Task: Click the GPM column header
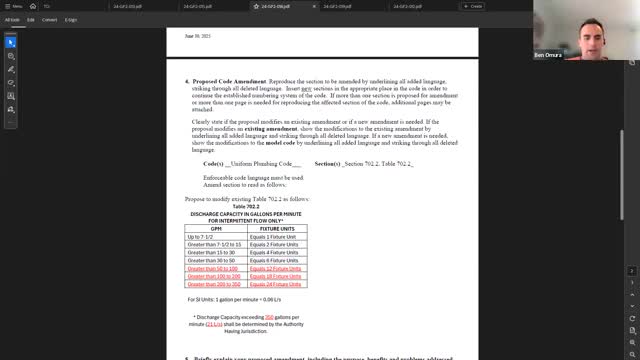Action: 216,228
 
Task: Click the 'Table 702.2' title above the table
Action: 246,206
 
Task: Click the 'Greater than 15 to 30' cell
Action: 208,252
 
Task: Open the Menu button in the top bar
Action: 14,6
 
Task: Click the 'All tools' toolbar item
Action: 13,19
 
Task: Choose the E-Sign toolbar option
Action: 71,19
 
